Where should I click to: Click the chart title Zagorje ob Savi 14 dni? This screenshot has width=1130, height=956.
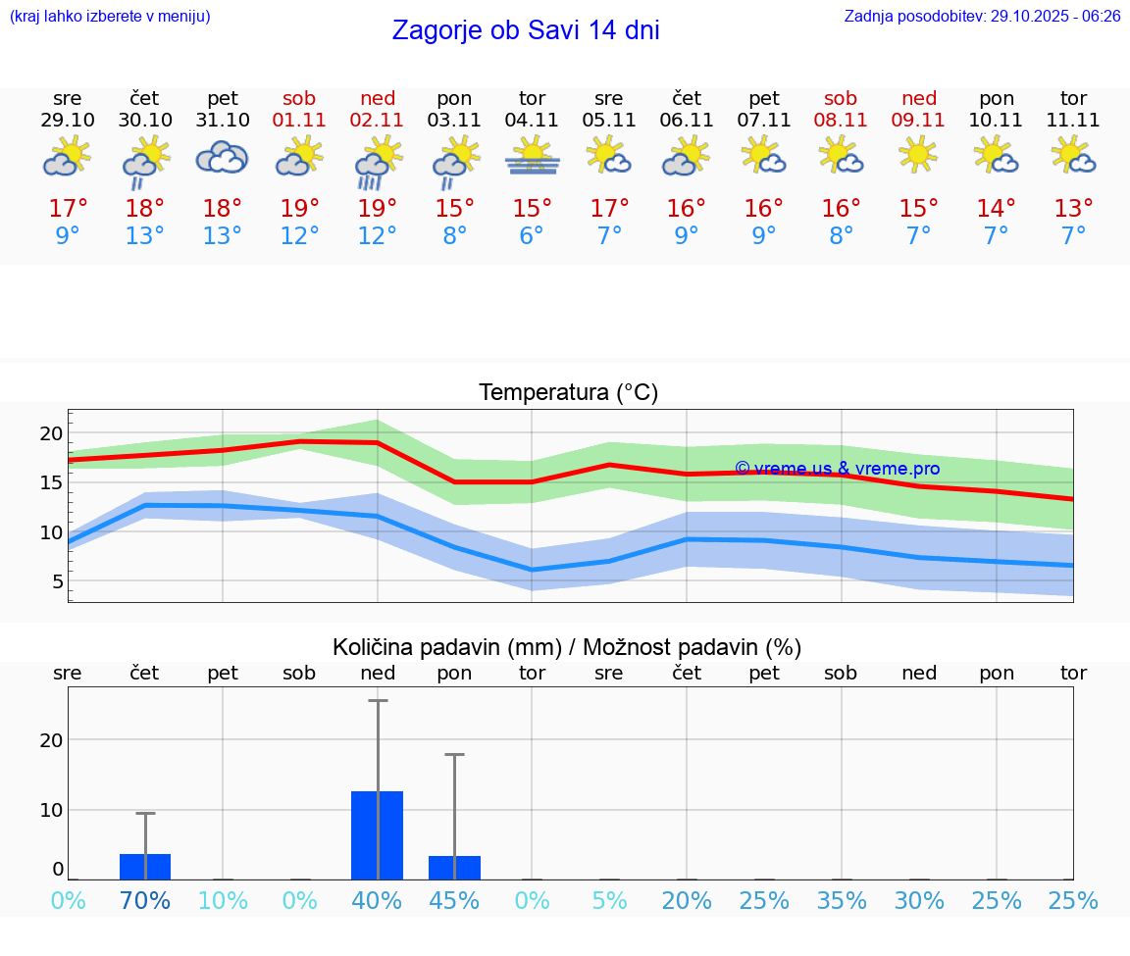pos(526,30)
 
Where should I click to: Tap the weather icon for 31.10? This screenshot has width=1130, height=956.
pos(223,158)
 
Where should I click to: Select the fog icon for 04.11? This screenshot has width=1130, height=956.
pos(533,158)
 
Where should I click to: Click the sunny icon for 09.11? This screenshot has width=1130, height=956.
pos(919,155)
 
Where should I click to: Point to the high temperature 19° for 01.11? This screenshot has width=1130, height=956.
pos(300,208)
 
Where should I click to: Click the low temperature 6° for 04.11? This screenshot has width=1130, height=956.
pos(532,236)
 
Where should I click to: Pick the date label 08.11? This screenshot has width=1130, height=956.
pos(841,120)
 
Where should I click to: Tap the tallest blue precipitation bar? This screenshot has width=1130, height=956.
pos(378,834)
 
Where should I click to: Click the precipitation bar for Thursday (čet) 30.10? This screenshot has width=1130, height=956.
pos(145,867)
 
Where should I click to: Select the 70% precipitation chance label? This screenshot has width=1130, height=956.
pos(145,900)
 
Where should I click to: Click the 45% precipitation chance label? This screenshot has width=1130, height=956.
pos(455,900)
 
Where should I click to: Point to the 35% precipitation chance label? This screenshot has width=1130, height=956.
pos(842,900)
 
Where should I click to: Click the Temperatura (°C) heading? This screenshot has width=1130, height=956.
pos(568,392)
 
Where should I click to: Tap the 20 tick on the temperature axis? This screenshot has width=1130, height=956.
pos(51,433)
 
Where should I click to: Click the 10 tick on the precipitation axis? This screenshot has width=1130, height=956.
pos(51,810)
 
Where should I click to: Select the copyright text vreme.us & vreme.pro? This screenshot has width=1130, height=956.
pos(837,469)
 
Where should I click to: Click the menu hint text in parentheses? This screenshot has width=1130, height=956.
pos(110,17)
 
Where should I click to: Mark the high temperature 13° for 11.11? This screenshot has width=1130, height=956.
pos(1073,208)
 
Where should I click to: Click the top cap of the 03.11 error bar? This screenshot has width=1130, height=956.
pos(455,755)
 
